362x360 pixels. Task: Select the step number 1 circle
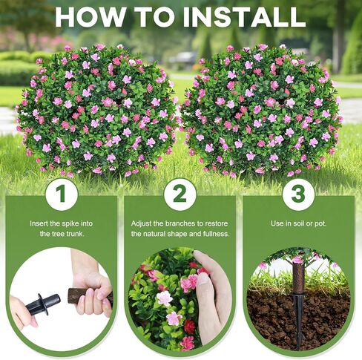pyautogui.click(x=62, y=194)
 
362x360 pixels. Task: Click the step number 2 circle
pyautogui.click(x=180, y=194)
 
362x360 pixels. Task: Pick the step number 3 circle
pyautogui.click(x=298, y=194)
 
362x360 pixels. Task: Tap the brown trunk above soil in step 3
pyautogui.click(x=298, y=278)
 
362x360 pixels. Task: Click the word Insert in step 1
pyautogui.click(x=40, y=223)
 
